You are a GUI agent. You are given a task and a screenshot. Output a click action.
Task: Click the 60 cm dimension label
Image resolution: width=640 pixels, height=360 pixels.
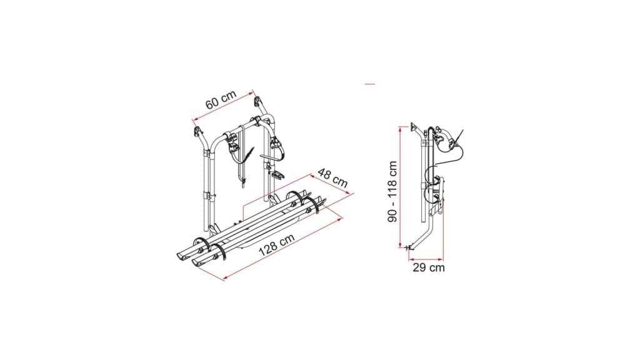221,100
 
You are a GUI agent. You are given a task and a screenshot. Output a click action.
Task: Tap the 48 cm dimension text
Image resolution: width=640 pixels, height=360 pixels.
332,178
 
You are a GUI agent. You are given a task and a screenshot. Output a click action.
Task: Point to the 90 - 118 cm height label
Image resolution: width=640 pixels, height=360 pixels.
392,191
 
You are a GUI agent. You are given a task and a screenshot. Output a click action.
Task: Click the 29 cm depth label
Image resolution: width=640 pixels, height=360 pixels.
429,267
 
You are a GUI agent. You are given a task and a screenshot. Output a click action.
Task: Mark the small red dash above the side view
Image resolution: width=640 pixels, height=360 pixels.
370,84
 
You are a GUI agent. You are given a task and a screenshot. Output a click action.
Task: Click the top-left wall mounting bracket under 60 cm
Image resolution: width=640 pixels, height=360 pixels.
198,132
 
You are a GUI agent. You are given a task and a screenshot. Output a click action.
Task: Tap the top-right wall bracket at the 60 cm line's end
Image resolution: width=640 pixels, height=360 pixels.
258,101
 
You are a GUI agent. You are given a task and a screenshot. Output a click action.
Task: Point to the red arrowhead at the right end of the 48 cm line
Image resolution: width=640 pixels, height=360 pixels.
351,194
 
